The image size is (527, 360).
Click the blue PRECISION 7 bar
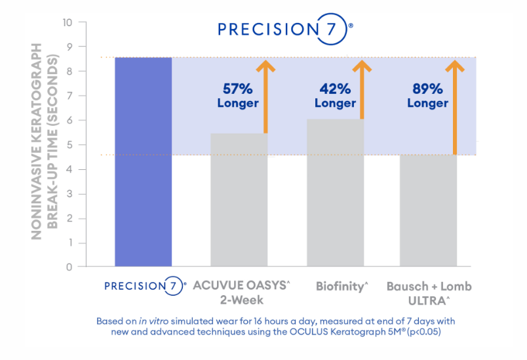click(x=143, y=162)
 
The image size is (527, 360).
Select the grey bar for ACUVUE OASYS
click(x=239, y=200)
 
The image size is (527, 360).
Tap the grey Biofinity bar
click(x=335, y=193)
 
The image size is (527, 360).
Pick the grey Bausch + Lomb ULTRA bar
click(x=429, y=210)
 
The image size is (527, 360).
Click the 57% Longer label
click(x=238, y=96)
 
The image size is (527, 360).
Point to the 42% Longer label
click(x=335, y=96)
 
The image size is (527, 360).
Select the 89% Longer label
click(x=427, y=96)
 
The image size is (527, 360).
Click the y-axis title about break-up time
click(x=45, y=142)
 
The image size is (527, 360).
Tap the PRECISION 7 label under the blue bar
click(x=144, y=287)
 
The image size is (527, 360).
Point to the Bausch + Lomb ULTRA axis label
click(x=429, y=293)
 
